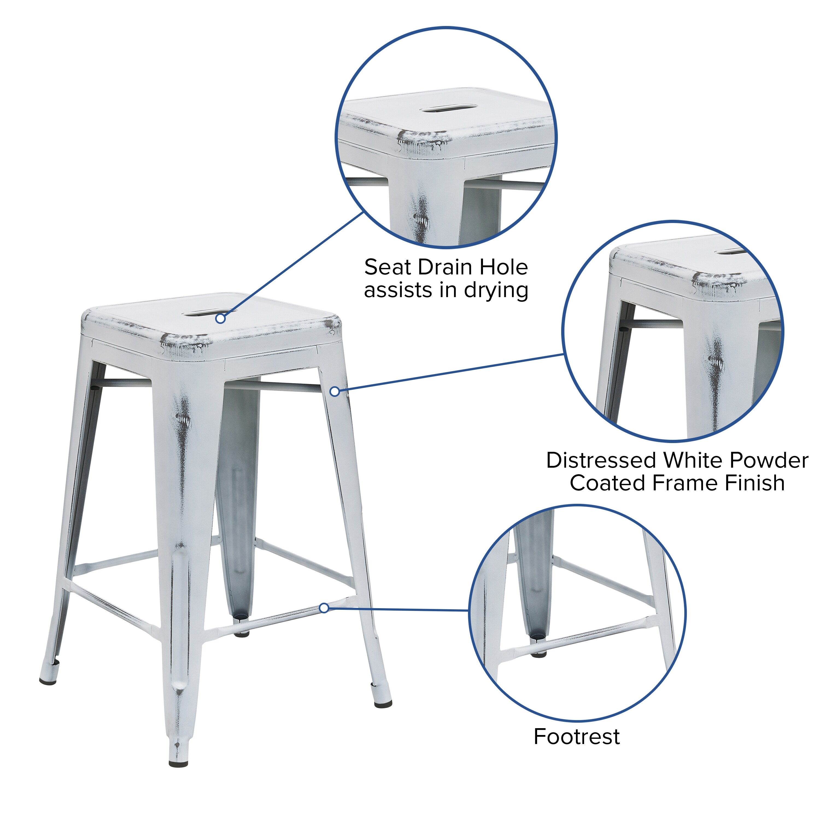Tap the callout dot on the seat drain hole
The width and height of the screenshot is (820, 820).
220,318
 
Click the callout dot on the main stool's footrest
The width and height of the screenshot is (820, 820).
324,608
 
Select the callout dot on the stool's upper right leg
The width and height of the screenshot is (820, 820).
335,391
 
